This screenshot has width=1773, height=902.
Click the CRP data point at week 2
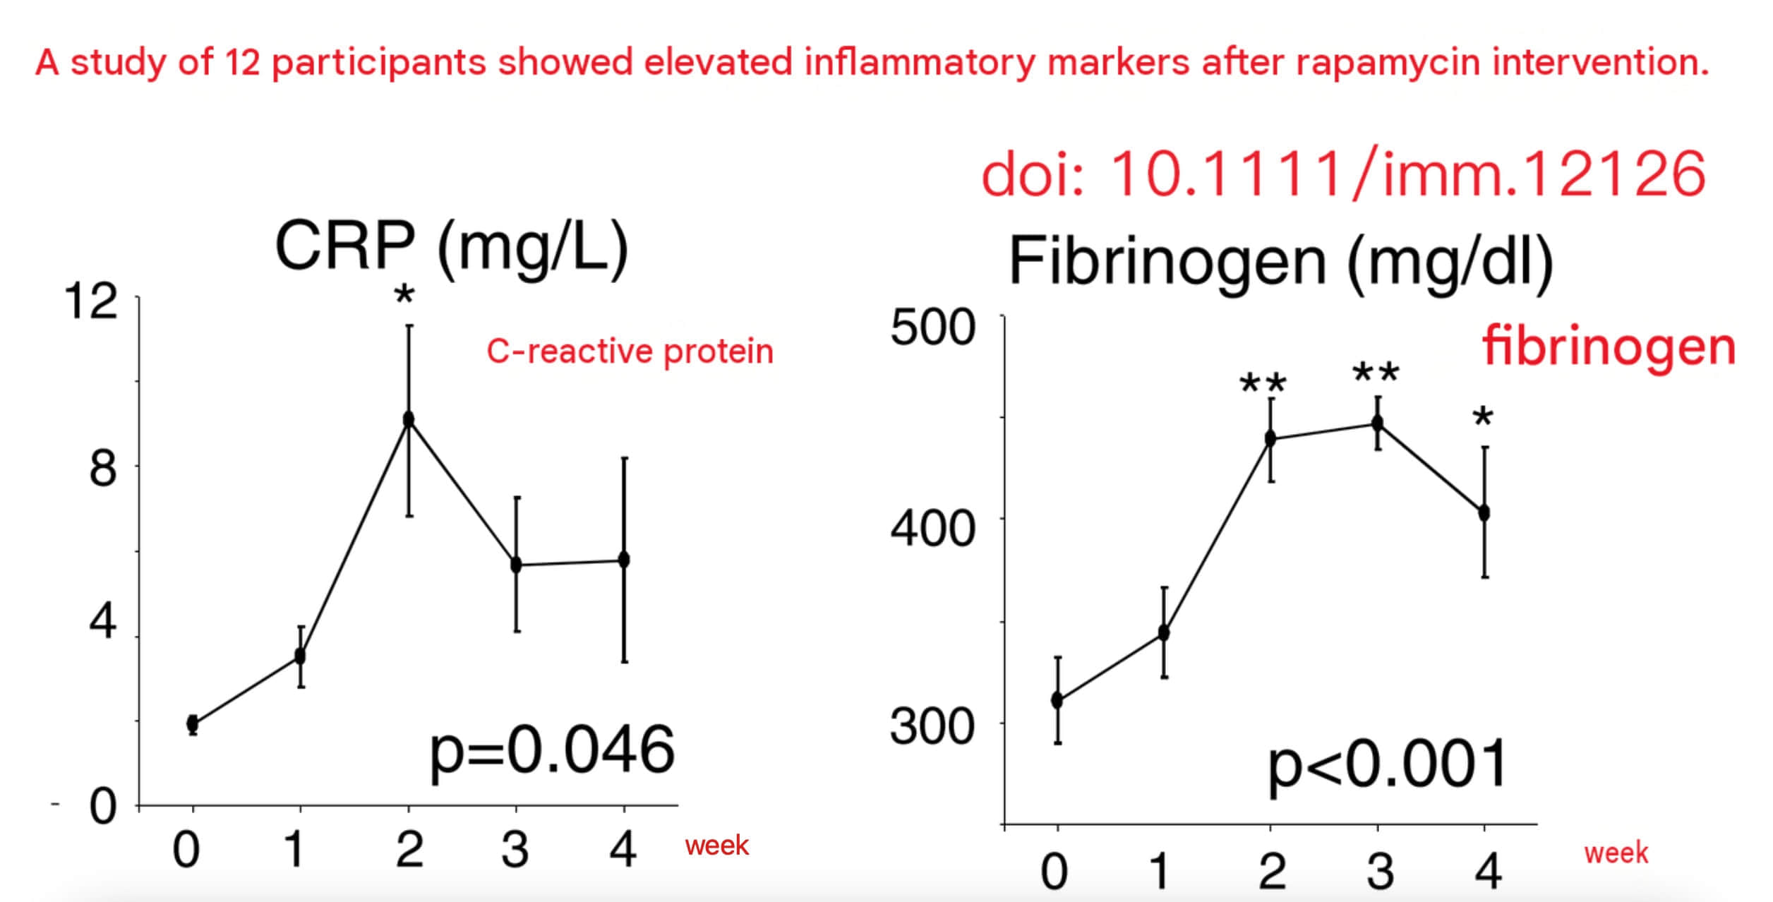point(408,419)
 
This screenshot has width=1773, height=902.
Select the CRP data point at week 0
point(193,723)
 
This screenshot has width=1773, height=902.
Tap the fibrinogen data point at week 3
point(1377,423)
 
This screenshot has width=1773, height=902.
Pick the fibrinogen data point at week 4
point(1484,512)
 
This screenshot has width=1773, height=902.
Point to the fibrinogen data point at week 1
point(1164,633)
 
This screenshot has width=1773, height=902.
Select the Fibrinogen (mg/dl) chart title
point(1281,261)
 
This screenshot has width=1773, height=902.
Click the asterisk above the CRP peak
point(404,294)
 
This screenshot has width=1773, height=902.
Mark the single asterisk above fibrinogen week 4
point(1483,416)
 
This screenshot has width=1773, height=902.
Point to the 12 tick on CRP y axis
point(90,302)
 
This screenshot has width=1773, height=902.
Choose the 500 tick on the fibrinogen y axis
point(932,327)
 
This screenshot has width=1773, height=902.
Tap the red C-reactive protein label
point(630,351)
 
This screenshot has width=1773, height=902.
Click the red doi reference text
point(1344,174)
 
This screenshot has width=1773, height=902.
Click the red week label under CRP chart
point(716,845)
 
